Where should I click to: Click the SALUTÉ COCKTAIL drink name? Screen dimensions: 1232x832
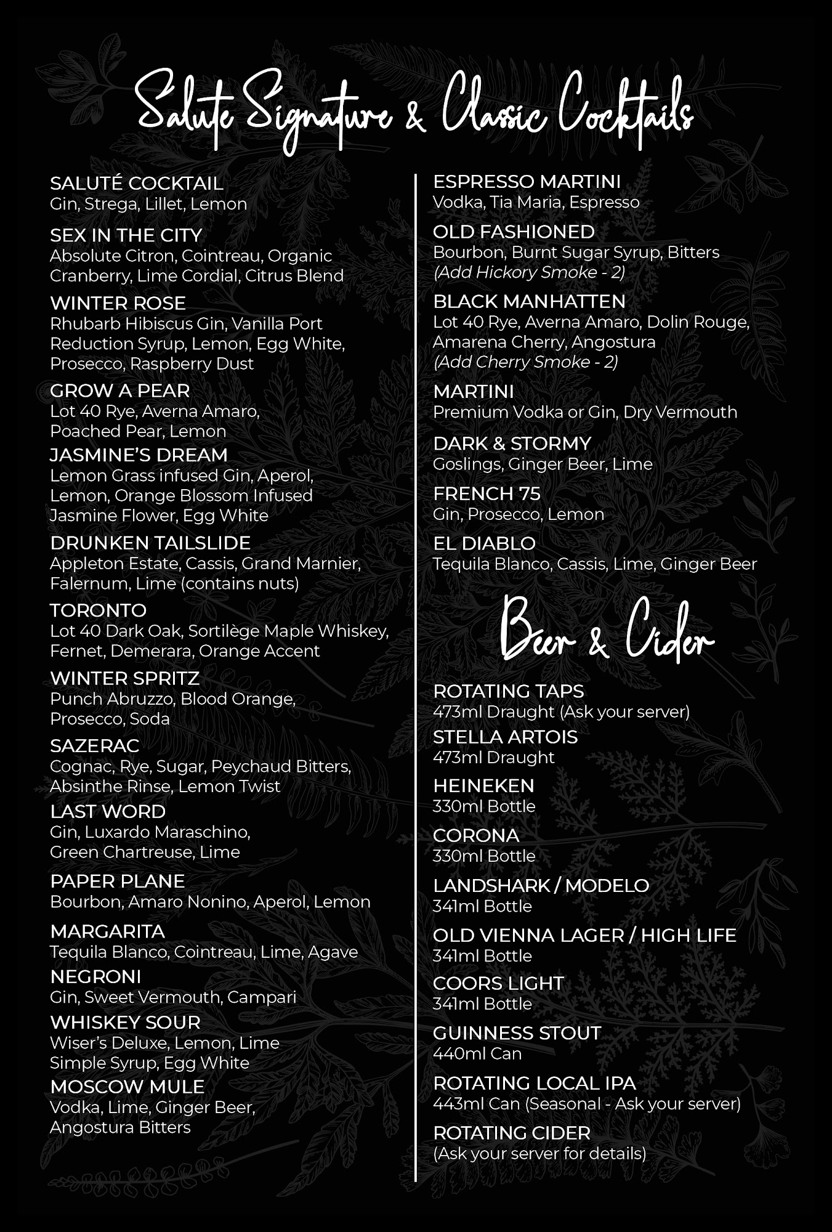click(136, 183)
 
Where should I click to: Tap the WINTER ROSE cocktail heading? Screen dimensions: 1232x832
click(118, 303)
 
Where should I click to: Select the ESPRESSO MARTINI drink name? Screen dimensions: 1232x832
click(527, 182)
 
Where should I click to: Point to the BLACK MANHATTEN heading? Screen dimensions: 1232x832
click(529, 301)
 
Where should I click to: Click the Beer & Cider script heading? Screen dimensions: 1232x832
click(606, 631)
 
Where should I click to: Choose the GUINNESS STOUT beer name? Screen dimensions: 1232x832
click(517, 1033)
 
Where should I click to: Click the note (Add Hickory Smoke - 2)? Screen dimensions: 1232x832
click(528, 272)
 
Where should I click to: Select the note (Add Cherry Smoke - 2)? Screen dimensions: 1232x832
click(525, 362)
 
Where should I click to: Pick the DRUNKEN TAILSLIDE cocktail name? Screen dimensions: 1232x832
click(150, 543)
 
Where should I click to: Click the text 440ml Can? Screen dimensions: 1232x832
click(477, 1053)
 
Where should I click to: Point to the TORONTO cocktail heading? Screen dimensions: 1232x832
click(98, 610)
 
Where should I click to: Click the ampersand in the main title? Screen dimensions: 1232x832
click(415, 117)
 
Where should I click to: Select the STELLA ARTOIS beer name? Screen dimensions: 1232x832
click(505, 737)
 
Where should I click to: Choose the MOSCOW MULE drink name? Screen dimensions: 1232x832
click(127, 1087)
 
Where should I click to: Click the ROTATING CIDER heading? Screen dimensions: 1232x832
click(511, 1133)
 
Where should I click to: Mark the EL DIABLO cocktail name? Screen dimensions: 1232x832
click(484, 543)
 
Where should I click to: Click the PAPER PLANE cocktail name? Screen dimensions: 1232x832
click(117, 881)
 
